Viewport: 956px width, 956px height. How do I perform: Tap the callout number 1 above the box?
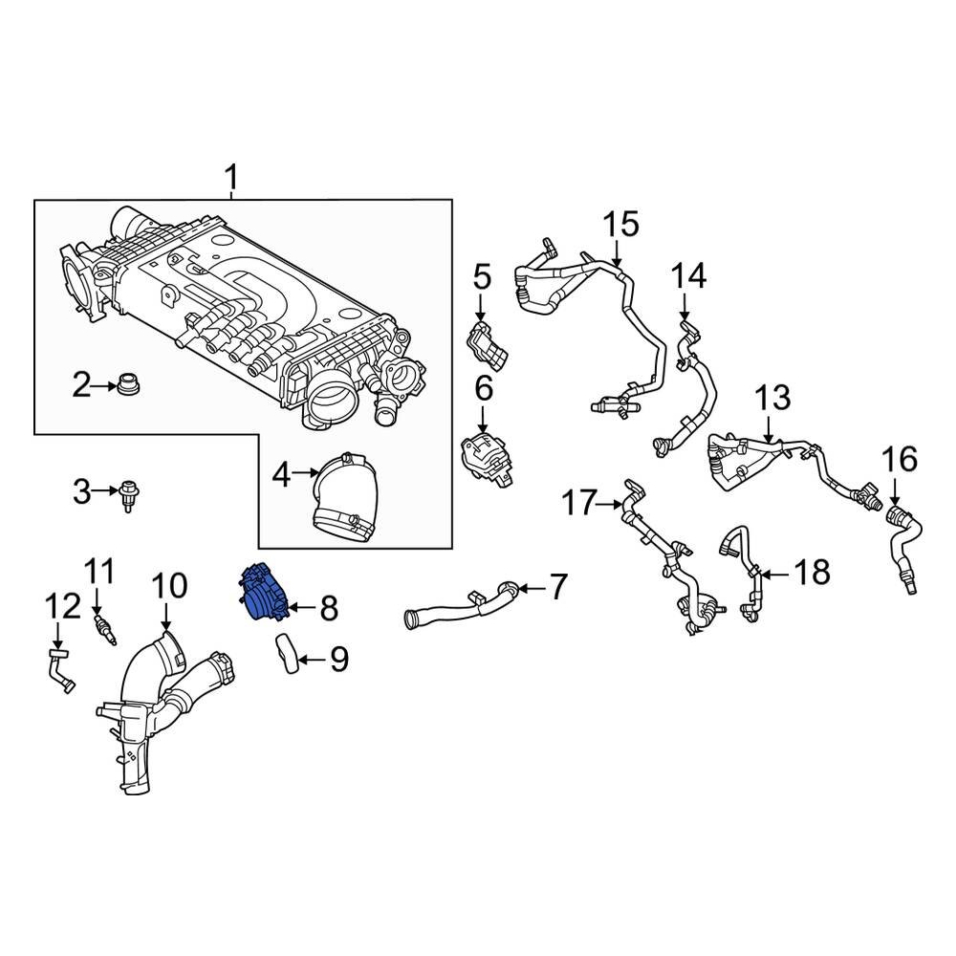pyautogui.click(x=231, y=177)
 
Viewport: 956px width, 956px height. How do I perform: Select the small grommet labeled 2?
pyautogui.click(x=125, y=387)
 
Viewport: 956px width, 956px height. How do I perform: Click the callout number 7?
pyautogui.click(x=558, y=584)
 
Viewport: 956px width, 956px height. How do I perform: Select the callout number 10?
pyautogui.click(x=167, y=585)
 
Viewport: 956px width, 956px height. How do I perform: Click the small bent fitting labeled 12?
pyautogui.click(x=60, y=666)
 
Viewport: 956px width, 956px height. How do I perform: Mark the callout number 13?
pyautogui.click(x=773, y=397)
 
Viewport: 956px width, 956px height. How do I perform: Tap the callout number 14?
pyautogui.click(x=688, y=276)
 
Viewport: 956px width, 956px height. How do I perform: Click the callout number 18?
pyautogui.click(x=813, y=573)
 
